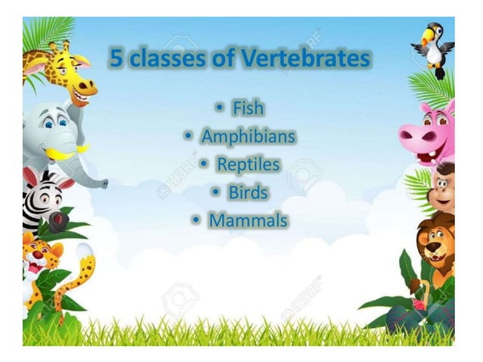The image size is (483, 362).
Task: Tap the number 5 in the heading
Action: (117, 58)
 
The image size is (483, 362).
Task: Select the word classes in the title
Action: (167, 58)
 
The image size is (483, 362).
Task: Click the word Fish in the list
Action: (248, 108)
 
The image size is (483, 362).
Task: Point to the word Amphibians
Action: (248, 136)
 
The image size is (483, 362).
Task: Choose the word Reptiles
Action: (248, 164)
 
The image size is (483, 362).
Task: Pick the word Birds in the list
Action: (248, 192)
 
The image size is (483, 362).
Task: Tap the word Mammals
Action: (248, 220)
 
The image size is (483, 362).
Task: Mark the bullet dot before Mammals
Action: (196, 221)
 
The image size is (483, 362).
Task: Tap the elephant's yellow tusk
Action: (64, 154)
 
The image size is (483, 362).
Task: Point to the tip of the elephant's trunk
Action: (103, 183)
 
